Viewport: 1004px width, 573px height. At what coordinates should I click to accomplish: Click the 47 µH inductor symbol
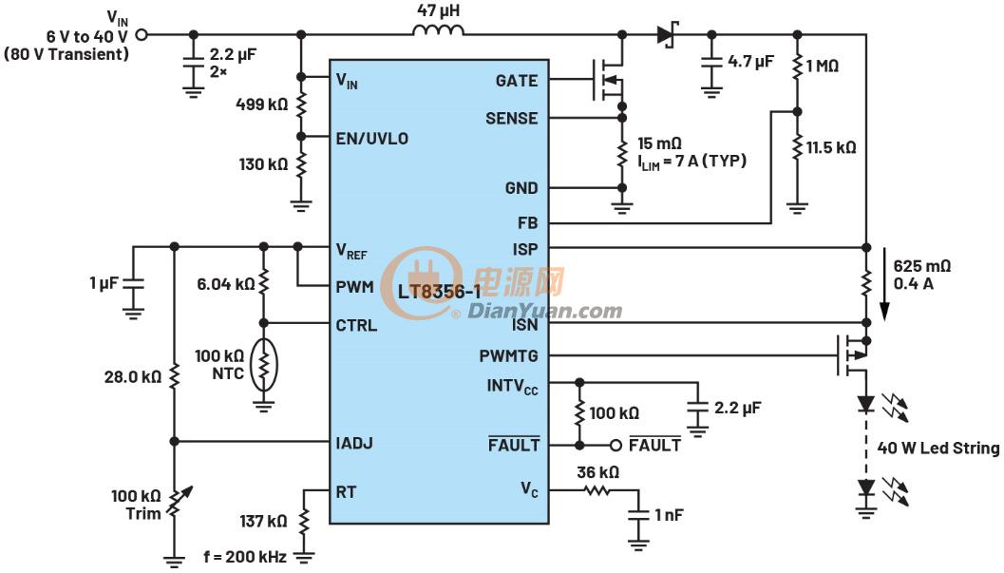[439, 30]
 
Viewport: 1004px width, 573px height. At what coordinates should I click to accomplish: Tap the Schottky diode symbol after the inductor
[667, 34]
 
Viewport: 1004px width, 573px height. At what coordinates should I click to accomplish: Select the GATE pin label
[516, 81]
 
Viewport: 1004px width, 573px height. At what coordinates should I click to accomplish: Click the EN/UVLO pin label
[372, 139]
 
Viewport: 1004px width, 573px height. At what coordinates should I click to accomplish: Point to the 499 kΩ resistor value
[262, 104]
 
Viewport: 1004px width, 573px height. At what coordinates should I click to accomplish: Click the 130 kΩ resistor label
[263, 163]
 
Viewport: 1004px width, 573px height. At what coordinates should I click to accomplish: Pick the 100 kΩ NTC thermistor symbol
[263, 365]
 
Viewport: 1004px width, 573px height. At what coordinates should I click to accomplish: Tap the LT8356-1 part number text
[439, 292]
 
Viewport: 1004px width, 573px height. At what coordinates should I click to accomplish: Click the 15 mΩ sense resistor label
[659, 143]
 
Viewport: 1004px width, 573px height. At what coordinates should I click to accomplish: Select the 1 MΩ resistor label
[823, 66]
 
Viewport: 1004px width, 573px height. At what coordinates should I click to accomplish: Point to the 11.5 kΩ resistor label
[831, 147]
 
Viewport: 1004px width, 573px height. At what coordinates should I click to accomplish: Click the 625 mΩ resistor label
[922, 266]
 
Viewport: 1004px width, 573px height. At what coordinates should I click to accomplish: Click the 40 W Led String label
[938, 449]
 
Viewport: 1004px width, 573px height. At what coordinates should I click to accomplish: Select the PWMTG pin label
[508, 356]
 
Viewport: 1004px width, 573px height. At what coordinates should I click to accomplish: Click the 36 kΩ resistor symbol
[597, 490]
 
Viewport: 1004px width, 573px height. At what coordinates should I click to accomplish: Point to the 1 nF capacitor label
[669, 515]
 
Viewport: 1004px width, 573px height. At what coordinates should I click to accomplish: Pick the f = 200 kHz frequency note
[245, 556]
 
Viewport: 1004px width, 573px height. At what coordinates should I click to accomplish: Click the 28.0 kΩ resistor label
[133, 376]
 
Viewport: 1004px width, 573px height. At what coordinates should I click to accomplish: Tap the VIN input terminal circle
[142, 34]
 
